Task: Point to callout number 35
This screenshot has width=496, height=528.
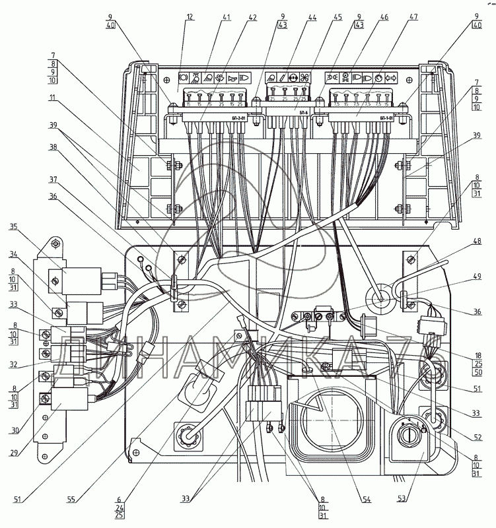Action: [x=14, y=226]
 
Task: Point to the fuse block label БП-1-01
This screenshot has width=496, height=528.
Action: [x=388, y=118]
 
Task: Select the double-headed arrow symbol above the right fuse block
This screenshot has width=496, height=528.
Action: [x=392, y=77]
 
